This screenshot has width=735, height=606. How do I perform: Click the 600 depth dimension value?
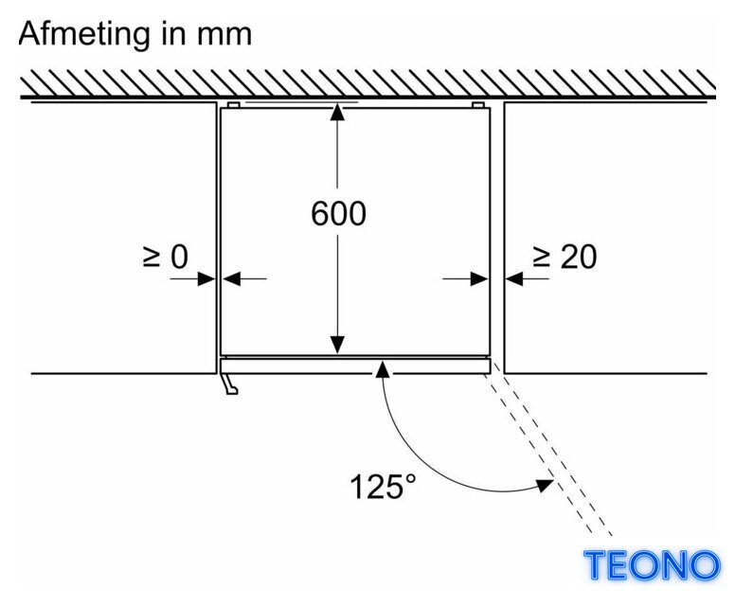(x=338, y=214)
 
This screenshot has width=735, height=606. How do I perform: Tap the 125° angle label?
(x=383, y=486)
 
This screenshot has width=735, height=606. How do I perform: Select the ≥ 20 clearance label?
(x=565, y=257)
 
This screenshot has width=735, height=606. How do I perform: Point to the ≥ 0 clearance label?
(x=166, y=257)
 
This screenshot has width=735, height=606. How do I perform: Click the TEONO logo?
(x=652, y=564)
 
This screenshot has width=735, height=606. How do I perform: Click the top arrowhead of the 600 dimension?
(x=337, y=114)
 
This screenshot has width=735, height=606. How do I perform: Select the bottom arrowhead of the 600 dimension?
(x=337, y=346)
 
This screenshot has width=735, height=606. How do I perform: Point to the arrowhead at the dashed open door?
(x=545, y=486)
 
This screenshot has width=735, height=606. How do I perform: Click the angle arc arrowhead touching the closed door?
(x=383, y=369)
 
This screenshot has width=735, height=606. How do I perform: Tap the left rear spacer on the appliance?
(x=233, y=105)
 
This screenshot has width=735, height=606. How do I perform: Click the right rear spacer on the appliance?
(x=478, y=105)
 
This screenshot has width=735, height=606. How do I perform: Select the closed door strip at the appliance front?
(x=355, y=366)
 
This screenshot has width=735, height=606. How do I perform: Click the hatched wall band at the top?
(x=367, y=83)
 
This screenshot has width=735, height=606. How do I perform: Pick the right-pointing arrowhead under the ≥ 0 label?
(x=206, y=279)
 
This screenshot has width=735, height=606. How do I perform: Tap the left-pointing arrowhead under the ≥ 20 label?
(x=514, y=279)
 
